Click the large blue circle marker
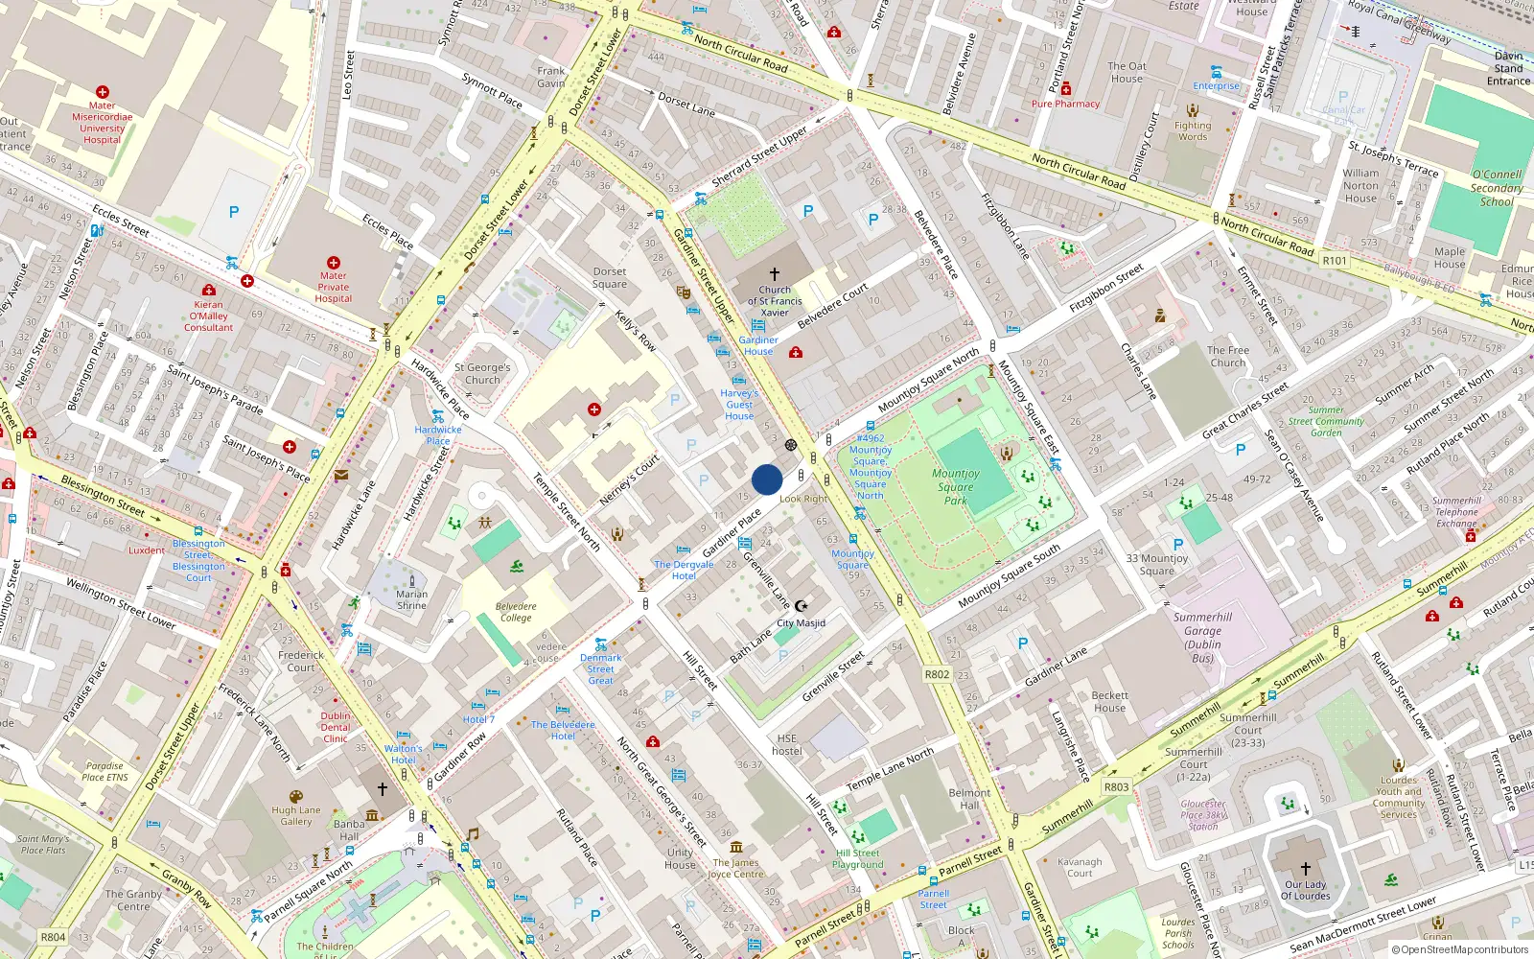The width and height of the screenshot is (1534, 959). point(767,479)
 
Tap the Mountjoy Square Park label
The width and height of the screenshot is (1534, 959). point(955,486)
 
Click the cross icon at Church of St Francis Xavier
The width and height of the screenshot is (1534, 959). point(775,274)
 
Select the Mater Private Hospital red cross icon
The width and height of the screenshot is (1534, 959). point(334,263)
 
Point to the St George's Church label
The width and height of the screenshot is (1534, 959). point(482,374)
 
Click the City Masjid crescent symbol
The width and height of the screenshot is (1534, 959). point(802,606)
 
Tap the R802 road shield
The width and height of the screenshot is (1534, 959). point(937,674)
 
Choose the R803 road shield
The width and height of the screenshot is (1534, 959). point(1116,786)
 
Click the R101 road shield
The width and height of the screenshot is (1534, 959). point(1335,261)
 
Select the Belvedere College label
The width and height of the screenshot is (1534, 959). point(516,612)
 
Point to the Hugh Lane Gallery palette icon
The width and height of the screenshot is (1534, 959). point(295,797)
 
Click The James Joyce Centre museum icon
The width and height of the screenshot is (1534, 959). point(736,847)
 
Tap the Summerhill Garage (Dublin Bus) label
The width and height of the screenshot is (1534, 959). point(1202,638)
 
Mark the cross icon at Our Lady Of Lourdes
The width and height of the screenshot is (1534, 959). point(1305,869)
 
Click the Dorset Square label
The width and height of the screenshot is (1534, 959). point(610,278)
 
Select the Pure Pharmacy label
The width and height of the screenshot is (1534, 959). point(1065,104)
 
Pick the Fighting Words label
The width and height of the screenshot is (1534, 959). point(1193,130)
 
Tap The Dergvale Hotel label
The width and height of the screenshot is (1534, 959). point(684,570)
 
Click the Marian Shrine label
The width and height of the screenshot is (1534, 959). point(411,599)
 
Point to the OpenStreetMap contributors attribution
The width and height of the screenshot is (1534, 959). point(1459,949)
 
